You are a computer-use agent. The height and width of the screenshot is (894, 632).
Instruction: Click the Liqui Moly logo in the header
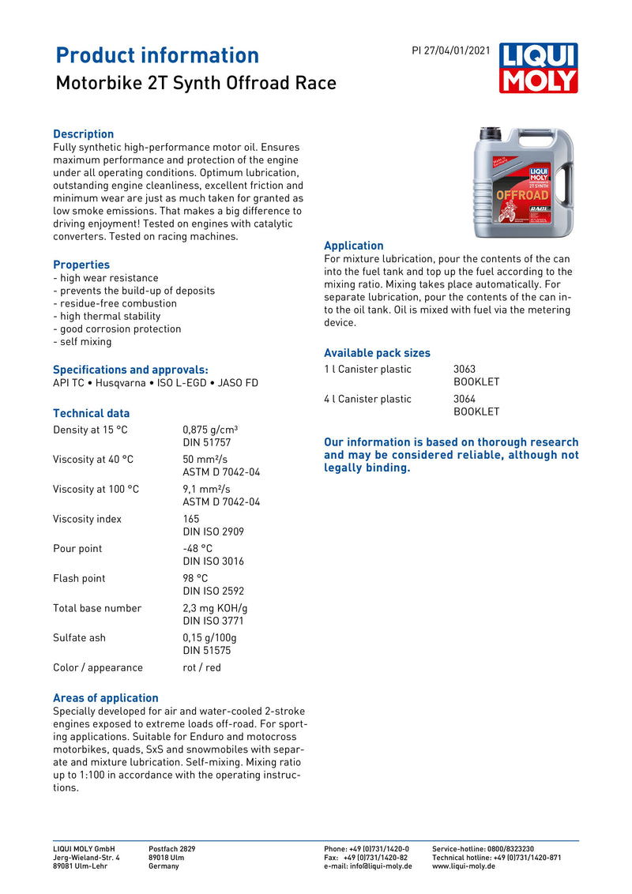coord(538,68)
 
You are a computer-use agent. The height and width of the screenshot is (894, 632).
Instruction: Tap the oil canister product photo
coord(523,183)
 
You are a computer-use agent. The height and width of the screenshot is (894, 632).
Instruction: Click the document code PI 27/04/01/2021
coord(451,51)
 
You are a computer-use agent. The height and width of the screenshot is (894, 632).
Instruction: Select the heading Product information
coord(157,55)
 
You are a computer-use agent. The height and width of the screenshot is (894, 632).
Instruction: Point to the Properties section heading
coord(81,265)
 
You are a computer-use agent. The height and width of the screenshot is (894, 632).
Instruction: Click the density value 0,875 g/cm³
coord(210,430)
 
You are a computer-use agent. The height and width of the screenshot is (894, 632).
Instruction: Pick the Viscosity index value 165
coord(191,519)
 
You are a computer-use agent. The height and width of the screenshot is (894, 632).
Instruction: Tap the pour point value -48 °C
coord(197,548)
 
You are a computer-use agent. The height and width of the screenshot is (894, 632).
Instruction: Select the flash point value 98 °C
coord(196,578)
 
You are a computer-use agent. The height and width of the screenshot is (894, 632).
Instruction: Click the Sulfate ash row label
coord(79,637)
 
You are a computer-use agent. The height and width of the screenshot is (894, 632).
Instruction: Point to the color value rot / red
coord(202,667)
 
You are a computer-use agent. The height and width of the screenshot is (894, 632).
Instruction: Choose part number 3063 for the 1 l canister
coord(465,369)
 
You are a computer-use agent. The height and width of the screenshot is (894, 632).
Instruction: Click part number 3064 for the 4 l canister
coord(465,399)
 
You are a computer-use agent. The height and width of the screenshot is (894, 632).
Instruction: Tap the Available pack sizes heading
coord(377,353)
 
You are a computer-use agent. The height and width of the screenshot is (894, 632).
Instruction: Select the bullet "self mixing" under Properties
coord(82,342)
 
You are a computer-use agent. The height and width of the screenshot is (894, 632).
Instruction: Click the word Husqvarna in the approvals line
coord(121,383)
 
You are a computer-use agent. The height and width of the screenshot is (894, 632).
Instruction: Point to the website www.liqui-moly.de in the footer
coord(464,866)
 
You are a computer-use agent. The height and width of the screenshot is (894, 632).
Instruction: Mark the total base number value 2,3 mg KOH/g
coord(215,608)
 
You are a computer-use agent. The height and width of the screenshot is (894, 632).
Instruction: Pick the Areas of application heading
coord(105,697)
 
